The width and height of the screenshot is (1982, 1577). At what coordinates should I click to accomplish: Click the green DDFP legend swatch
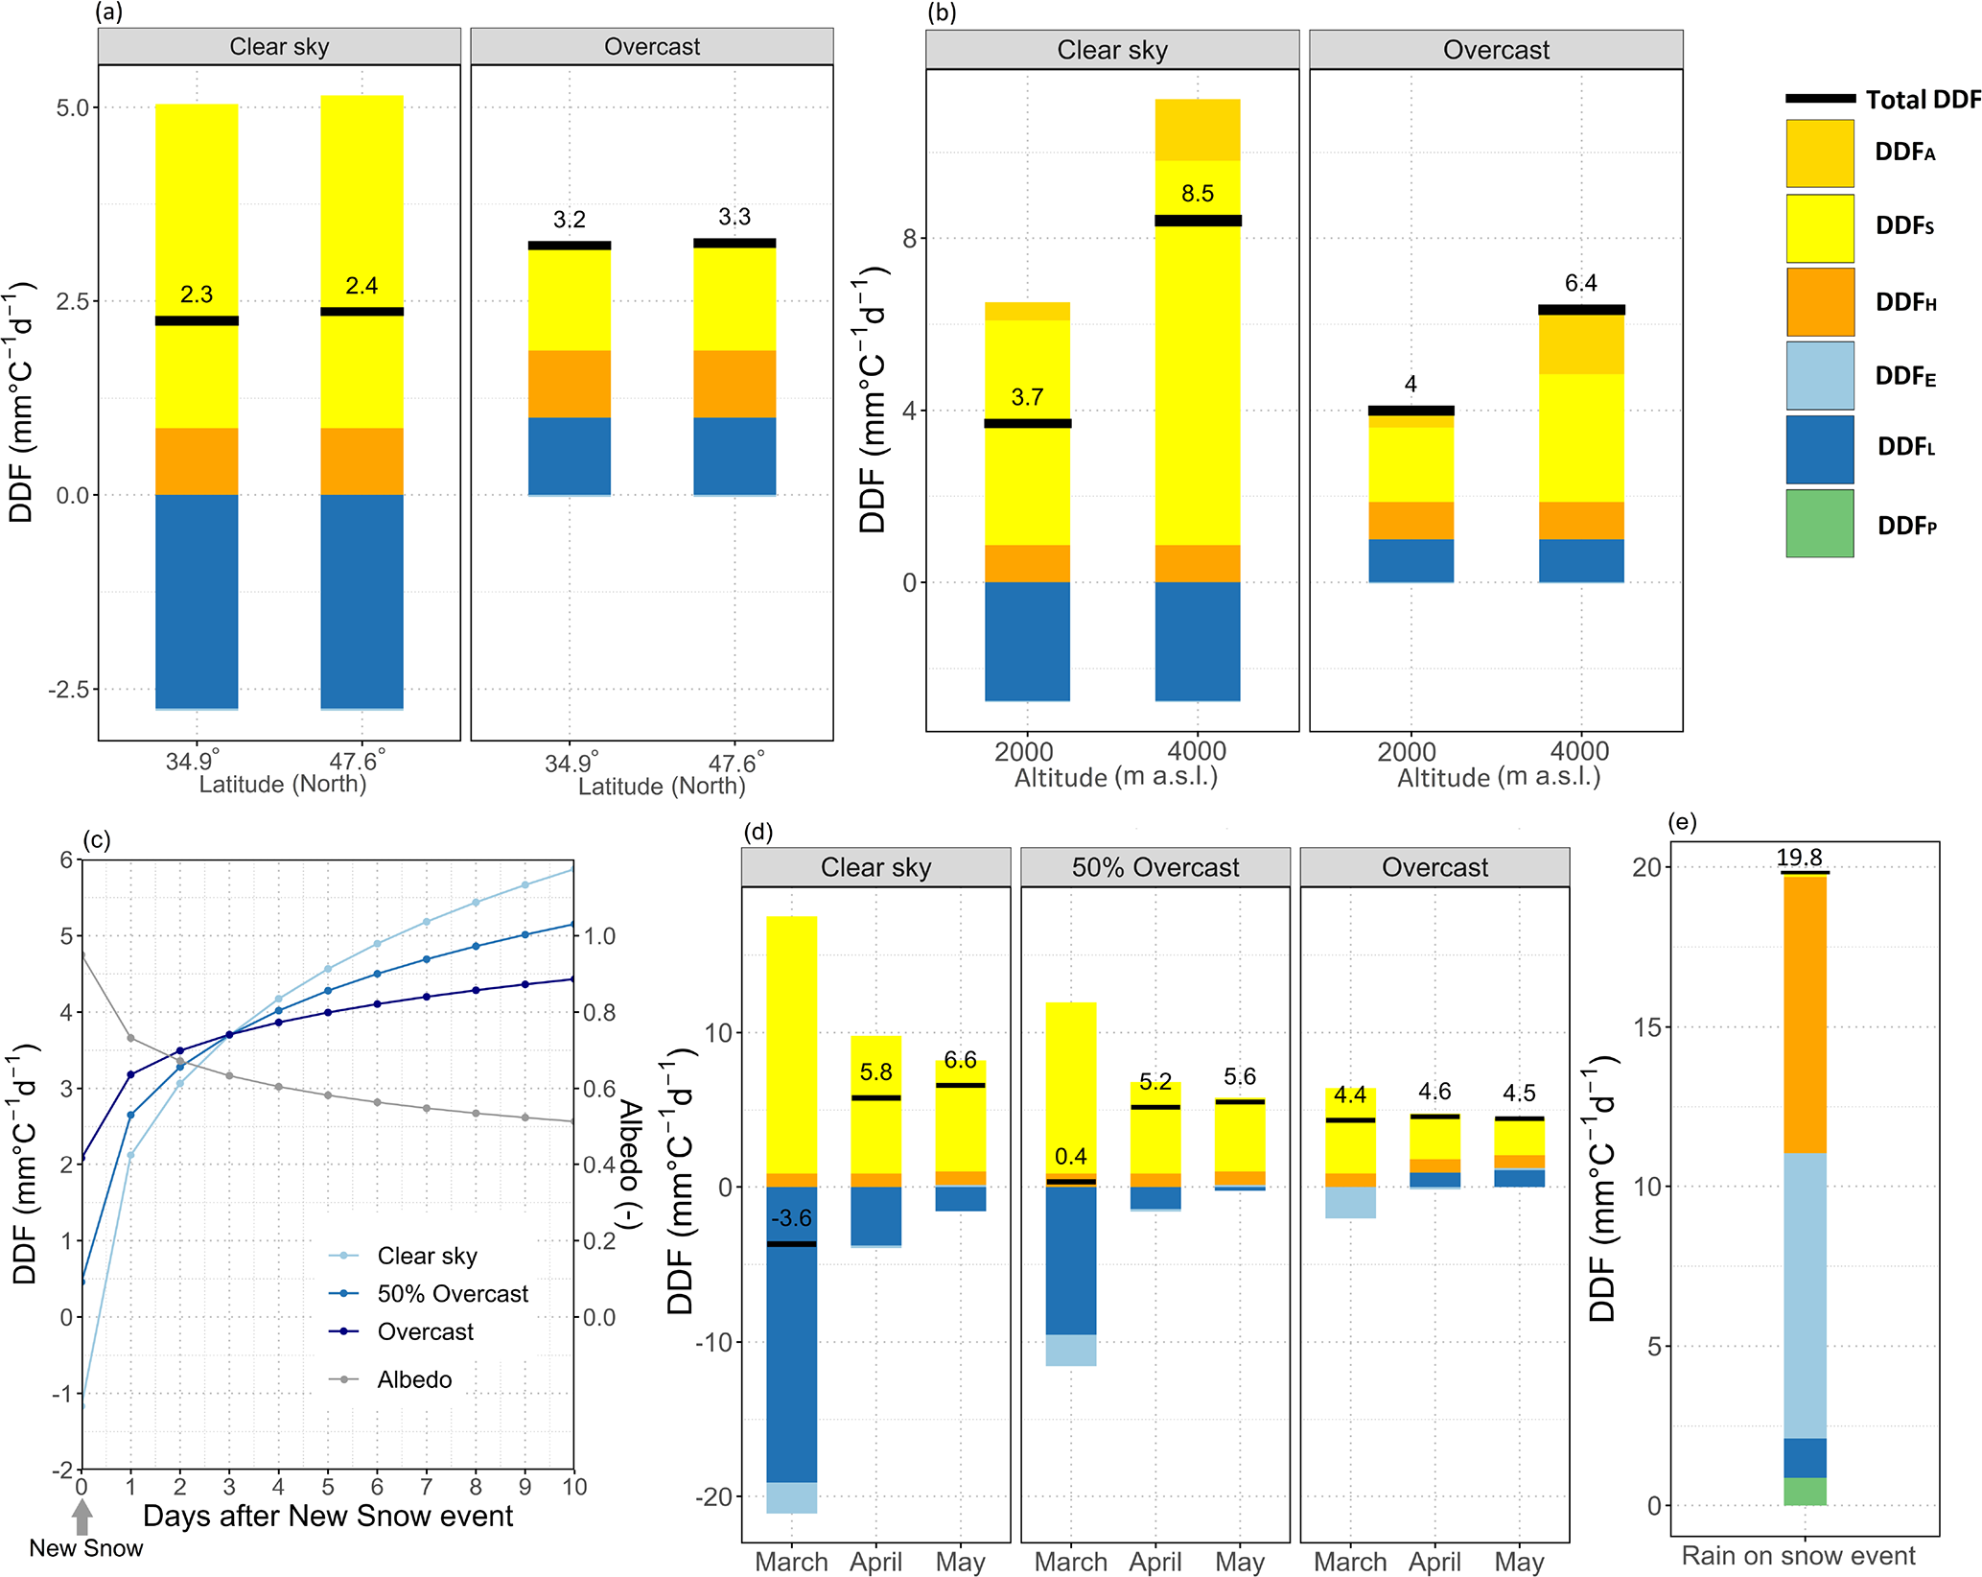(1819, 524)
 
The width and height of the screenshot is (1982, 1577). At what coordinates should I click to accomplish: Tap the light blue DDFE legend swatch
(1819, 376)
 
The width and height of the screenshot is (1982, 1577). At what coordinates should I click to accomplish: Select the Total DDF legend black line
(1819, 99)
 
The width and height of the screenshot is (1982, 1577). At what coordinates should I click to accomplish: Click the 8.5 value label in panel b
(1198, 194)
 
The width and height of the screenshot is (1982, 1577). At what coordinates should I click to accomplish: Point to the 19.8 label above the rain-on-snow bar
(1799, 858)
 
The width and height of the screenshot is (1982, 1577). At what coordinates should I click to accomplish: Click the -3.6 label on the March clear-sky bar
(792, 1218)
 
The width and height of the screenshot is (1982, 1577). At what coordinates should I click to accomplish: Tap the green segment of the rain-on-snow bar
(1805, 1491)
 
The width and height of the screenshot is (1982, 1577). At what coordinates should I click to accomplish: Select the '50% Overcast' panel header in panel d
(1154, 867)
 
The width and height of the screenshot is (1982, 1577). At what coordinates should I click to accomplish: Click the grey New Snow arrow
(82, 1517)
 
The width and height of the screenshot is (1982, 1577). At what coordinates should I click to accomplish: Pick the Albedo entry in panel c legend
(413, 1379)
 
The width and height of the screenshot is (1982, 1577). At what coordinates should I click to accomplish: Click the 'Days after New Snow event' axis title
(328, 1517)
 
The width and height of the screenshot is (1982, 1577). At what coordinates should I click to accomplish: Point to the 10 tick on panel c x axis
(573, 1487)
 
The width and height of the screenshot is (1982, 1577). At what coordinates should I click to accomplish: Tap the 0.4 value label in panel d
(1071, 1157)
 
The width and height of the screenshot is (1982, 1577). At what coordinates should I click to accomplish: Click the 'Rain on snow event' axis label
(1798, 1555)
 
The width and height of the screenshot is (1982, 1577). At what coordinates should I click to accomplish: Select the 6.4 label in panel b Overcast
(1581, 283)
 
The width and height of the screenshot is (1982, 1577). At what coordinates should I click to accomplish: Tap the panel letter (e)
(1683, 822)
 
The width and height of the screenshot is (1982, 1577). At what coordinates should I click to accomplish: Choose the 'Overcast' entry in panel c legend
(425, 1331)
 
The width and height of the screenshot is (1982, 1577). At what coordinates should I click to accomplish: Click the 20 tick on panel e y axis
(1645, 867)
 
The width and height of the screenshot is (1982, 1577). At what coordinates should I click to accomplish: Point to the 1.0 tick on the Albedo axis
(600, 936)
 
